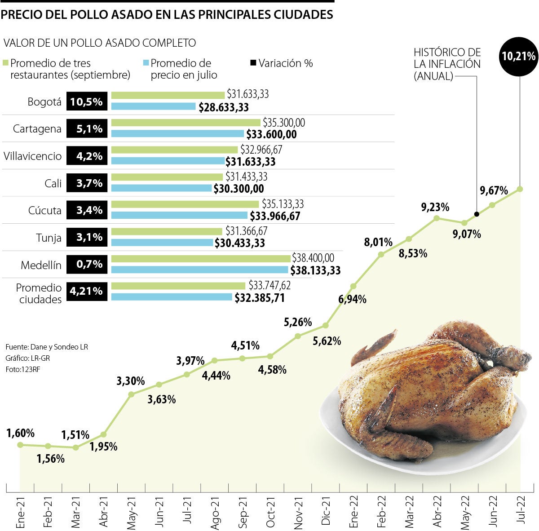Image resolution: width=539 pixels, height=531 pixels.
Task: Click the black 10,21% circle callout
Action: point(519,56)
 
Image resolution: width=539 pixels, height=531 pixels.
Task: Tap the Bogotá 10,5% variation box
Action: point(86,102)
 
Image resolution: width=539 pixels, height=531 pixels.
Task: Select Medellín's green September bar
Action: point(201,258)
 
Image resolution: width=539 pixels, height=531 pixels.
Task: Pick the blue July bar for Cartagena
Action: point(177,134)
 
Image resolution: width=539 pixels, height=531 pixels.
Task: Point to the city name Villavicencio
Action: point(32,156)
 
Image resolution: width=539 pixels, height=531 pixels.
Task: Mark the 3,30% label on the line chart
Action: point(130,381)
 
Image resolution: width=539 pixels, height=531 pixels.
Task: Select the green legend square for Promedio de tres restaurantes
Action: point(5,63)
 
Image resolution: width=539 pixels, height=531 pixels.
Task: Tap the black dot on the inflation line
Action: point(477,214)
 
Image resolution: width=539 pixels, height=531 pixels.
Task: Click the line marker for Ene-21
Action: point(20,445)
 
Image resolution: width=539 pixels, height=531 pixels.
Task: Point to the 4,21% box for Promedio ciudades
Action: point(86,291)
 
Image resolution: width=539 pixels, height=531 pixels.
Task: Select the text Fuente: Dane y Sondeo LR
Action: point(47,347)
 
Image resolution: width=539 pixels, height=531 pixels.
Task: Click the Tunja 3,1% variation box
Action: point(86,237)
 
